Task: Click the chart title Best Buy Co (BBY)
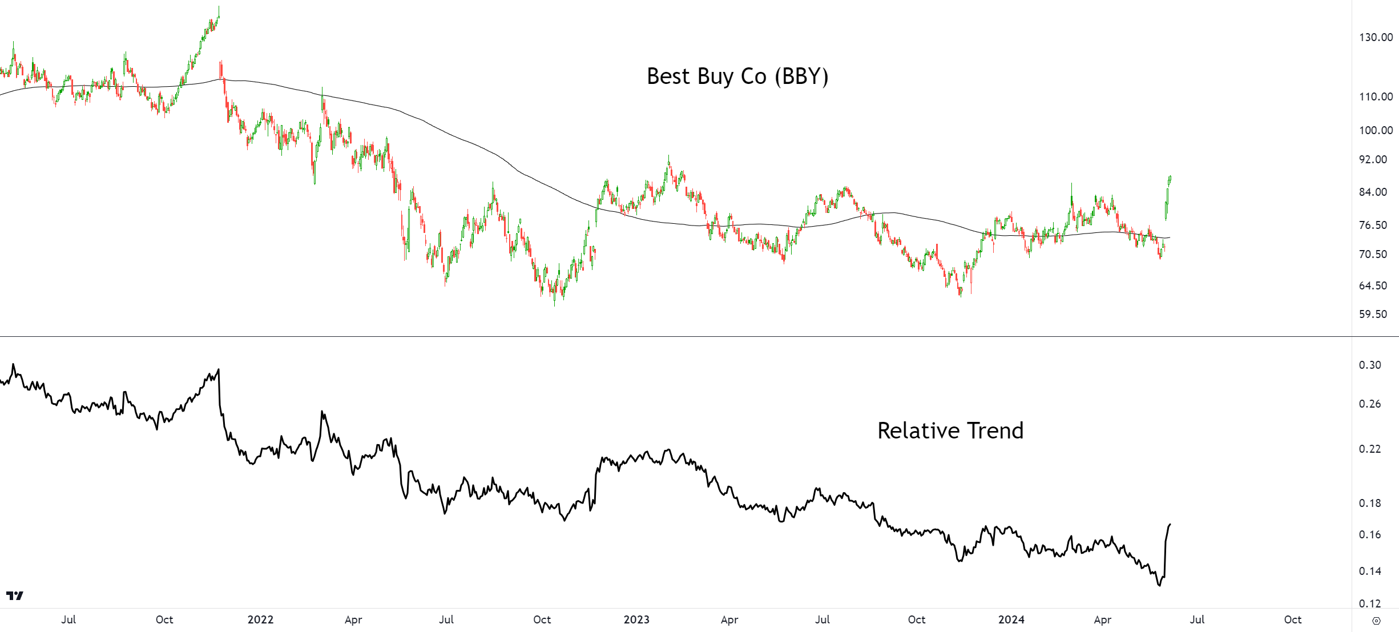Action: pyautogui.click(x=737, y=77)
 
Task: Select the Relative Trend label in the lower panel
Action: pyautogui.click(x=950, y=430)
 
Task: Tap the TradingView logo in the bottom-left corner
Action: pyautogui.click(x=15, y=595)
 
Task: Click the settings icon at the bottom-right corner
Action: pyautogui.click(x=1376, y=621)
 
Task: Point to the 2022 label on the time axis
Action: pyautogui.click(x=260, y=619)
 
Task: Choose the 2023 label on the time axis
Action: pyautogui.click(x=636, y=619)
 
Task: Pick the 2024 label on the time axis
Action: pyautogui.click(x=1011, y=619)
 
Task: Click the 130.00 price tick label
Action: pyautogui.click(x=1376, y=37)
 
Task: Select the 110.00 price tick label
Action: pyautogui.click(x=1376, y=96)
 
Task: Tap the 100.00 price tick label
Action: pyautogui.click(x=1376, y=130)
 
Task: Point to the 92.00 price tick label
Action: pyautogui.click(x=1373, y=159)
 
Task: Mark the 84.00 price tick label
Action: pyautogui.click(x=1373, y=192)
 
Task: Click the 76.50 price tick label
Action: pyautogui.click(x=1373, y=225)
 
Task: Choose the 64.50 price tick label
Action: pyautogui.click(x=1373, y=285)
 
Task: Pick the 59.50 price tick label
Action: pyautogui.click(x=1373, y=314)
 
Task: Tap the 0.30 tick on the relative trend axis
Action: pyautogui.click(x=1370, y=365)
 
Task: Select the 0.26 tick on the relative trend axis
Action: pyautogui.click(x=1370, y=404)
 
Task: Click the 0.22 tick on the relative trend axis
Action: pyautogui.click(x=1370, y=449)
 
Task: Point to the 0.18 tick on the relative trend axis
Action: pyautogui.click(x=1370, y=503)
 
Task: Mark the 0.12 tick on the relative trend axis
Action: pyautogui.click(x=1370, y=603)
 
